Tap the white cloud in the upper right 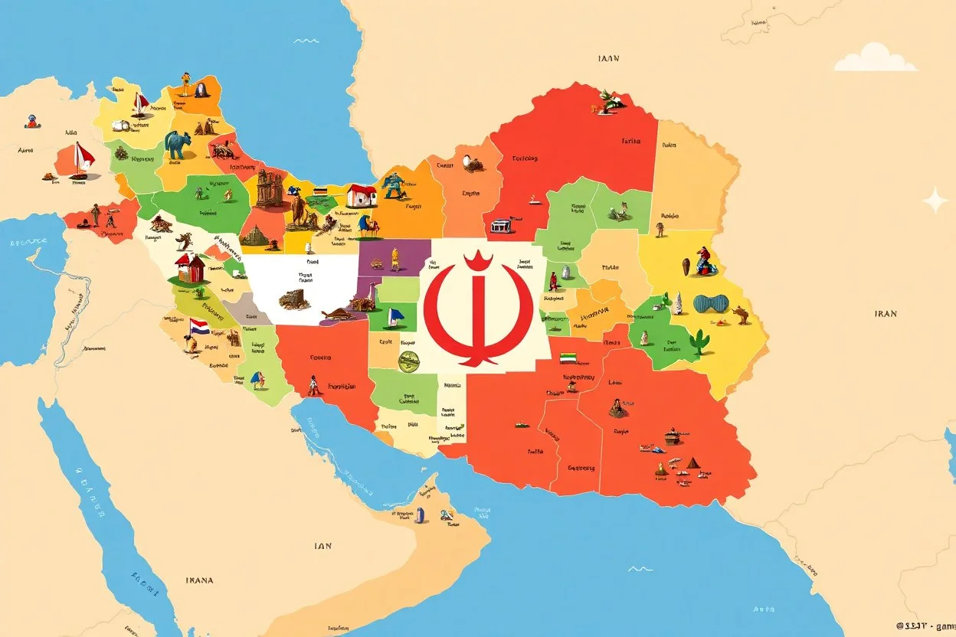[875, 58]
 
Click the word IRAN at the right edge [885, 313]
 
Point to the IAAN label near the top [609, 58]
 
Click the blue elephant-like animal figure [178, 144]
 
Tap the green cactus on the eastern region [699, 341]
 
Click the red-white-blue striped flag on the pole [198, 328]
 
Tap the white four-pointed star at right [935, 201]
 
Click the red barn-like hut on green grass [190, 269]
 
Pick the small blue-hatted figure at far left [31, 120]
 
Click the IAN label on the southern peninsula [322, 546]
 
